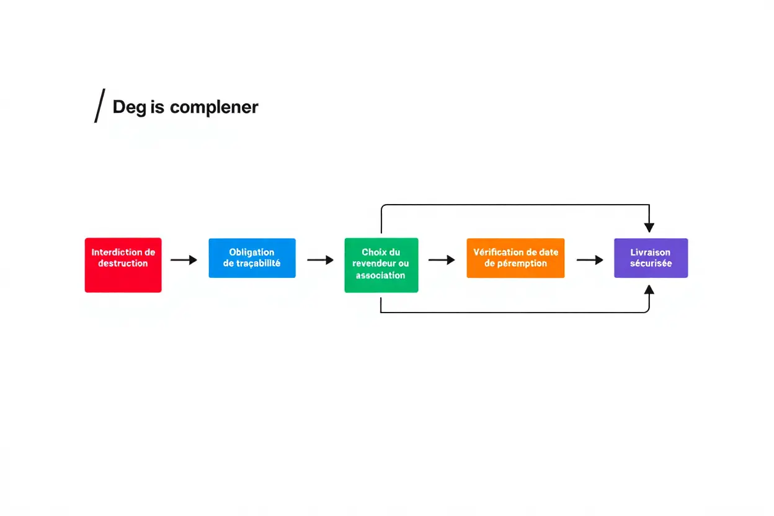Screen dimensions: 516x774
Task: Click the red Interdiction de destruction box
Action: pyautogui.click(x=123, y=265)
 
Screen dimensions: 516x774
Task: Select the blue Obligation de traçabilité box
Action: pyautogui.click(x=252, y=257)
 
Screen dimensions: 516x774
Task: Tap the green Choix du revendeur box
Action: pyautogui.click(x=381, y=265)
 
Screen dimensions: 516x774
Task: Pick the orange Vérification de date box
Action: pyautogui.click(x=515, y=257)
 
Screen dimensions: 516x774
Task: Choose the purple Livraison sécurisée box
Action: pyautogui.click(x=651, y=257)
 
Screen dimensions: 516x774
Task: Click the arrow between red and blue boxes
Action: pyautogui.click(x=184, y=260)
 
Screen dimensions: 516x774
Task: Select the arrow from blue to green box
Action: pyautogui.click(x=320, y=260)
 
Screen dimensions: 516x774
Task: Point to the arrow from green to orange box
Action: pyautogui.click(x=442, y=260)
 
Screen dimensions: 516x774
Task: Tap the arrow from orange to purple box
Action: pyautogui.click(x=590, y=260)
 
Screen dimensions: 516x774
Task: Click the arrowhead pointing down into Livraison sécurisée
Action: pyautogui.click(x=649, y=228)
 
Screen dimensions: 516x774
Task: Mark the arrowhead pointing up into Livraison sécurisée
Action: pyautogui.click(x=649, y=289)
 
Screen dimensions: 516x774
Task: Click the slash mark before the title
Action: pyautogui.click(x=99, y=106)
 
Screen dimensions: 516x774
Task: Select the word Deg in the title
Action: pyautogui.click(x=129, y=107)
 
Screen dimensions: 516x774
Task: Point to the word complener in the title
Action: pyautogui.click(x=214, y=107)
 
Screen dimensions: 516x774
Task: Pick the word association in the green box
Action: pyautogui.click(x=380, y=275)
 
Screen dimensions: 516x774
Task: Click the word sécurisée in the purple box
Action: pyautogui.click(x=651, y=264)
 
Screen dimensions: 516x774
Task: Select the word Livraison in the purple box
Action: pyautogui.click(x=651, y=252)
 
